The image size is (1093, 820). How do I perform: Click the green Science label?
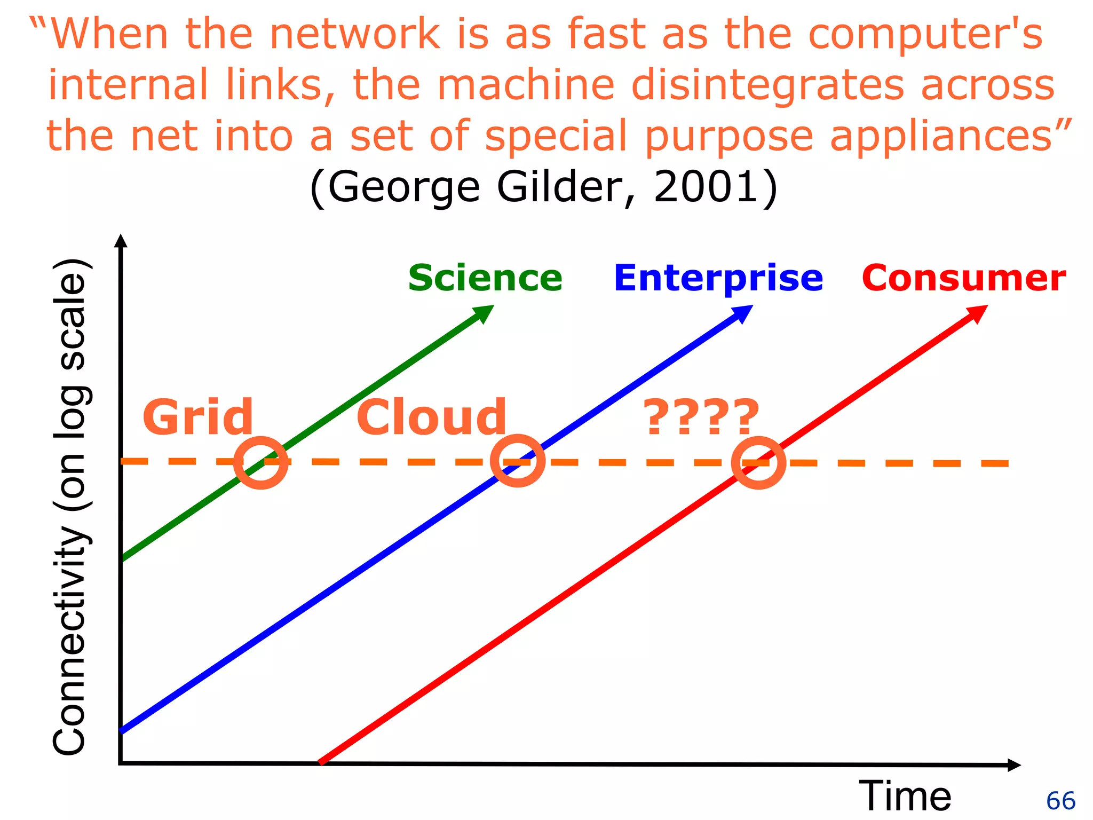[x=485, y=278]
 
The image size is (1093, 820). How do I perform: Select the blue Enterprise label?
[x=718, y=278]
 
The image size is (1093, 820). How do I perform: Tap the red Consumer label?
[x=963, y=278]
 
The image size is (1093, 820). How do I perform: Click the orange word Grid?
[x=197, y=417]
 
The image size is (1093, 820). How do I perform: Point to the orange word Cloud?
[x=431, y=417]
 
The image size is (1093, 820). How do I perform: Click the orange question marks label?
[x=701, y=417]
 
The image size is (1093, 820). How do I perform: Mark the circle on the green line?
[x=261, y=462]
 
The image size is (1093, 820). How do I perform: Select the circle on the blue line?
[x=517, y=461]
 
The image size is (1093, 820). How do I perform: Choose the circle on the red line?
[x=758, y=462]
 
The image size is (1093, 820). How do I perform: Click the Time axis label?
[x=905, y=796]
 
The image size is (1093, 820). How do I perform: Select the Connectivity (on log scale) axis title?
[x=70, y=507]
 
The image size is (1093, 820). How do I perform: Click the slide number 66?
[x=1060, y=801]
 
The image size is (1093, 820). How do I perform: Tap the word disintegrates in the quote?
[x=768, y=85]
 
